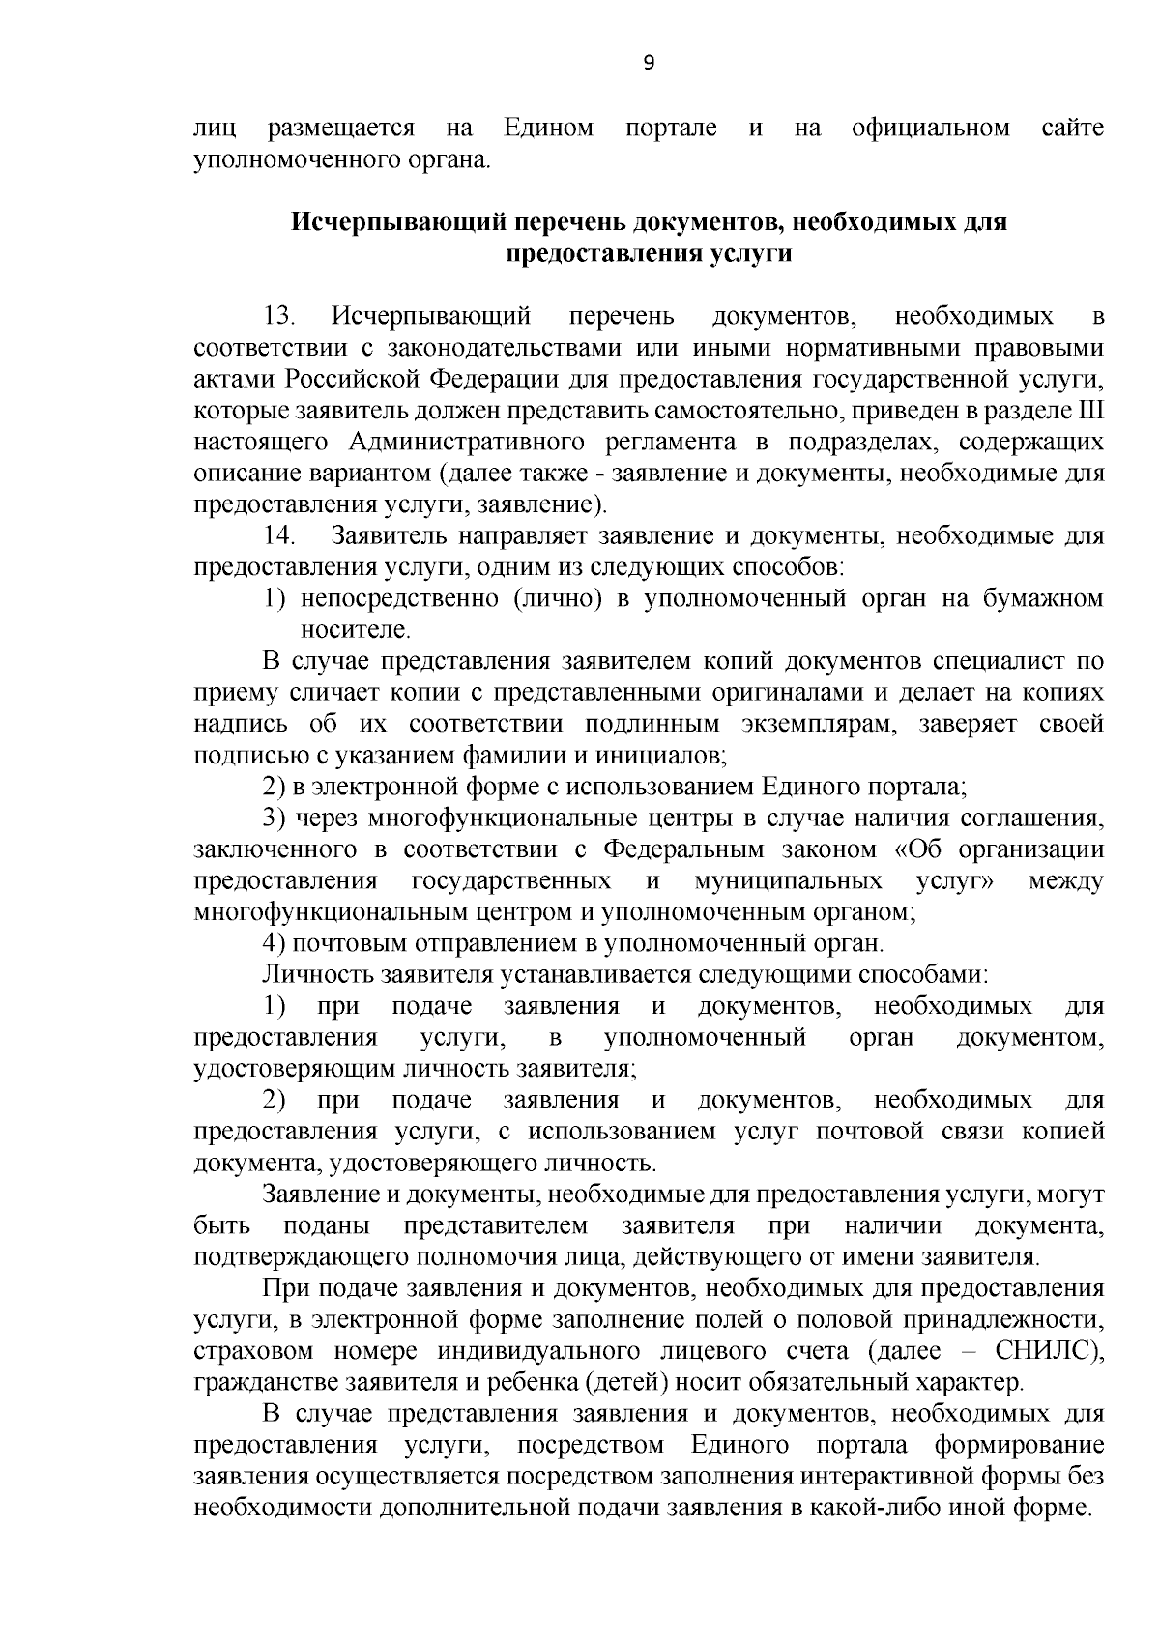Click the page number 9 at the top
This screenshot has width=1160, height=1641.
pos(648,63)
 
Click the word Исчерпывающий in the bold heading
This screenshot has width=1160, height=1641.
pos(396,221)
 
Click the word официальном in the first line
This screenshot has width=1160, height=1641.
pos(931,128)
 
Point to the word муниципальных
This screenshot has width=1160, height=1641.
pos(788,880)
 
